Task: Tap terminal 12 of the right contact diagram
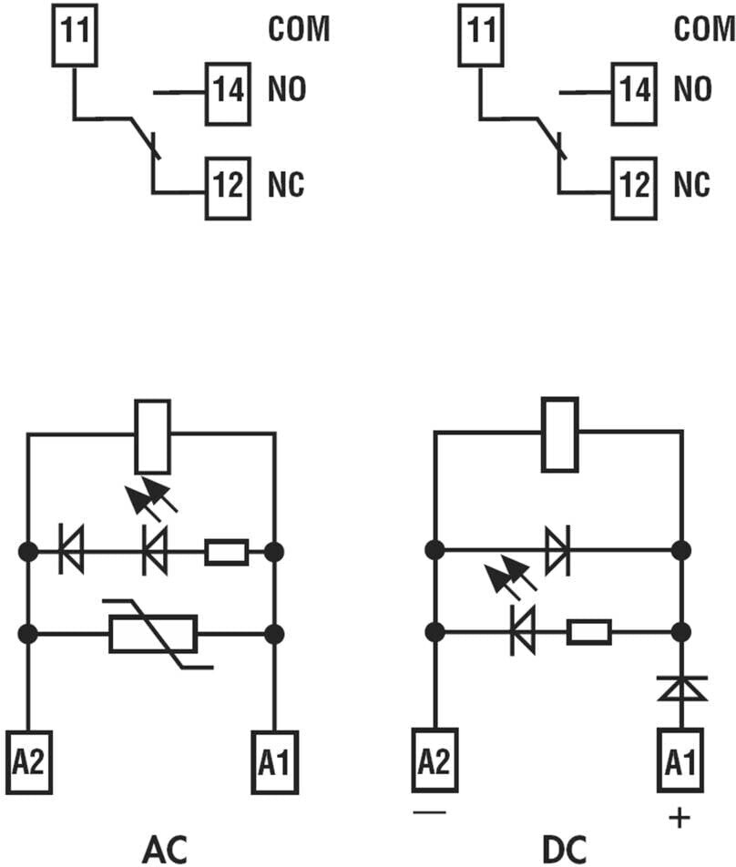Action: pyautogui.click(x=632, y=186)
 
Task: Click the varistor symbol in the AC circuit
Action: pyautogui.click(x=153, y=634)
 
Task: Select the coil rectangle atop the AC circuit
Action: pyautogui.click(x=151, y=435)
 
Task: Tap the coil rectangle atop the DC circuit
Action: pyautogui.click(x=558, y=435)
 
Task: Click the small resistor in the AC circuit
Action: pyautogui.click(x=226, y=552)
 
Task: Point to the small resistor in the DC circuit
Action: pyautogui.click(x=588, y=631)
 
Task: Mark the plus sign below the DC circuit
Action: pyautogui.click(x=679, y=819)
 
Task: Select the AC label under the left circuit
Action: pyautogui.click(x=165, y=849)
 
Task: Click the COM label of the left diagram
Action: pyautogui.click(x=298, y=29)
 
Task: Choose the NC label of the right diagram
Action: pyautogui.click(x=692, y=186)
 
